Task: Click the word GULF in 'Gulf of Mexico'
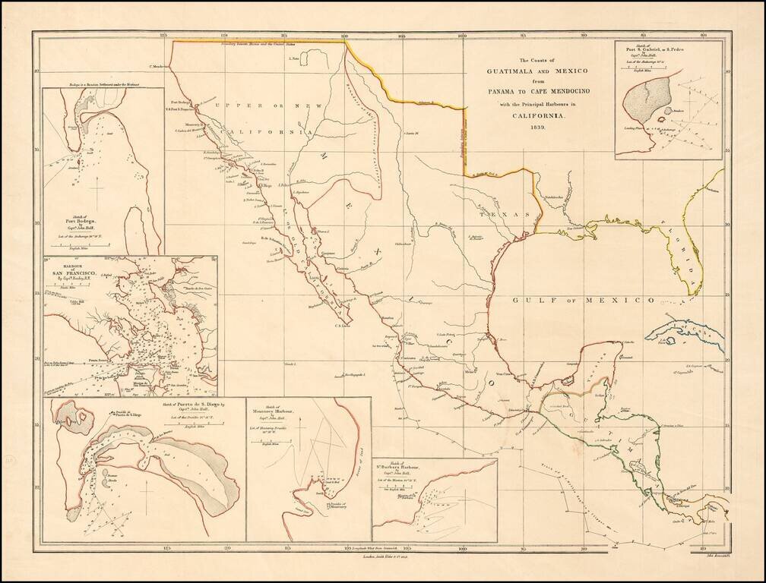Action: pos(527,301)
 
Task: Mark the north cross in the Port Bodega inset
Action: pos(97,187)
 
